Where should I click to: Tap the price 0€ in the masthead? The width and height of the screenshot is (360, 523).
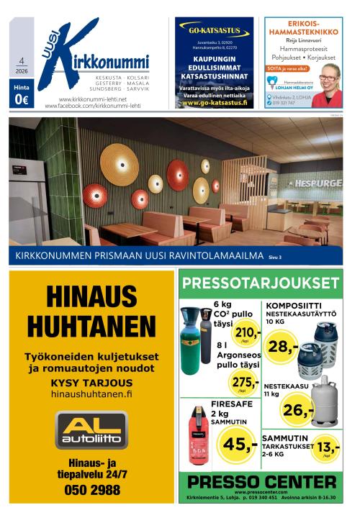[21, 100]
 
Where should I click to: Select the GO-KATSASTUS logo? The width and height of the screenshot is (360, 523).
[215, 32]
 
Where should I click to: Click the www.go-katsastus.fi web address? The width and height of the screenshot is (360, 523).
[215, 103]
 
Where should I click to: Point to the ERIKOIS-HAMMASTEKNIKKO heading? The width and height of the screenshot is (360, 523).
[303, 27]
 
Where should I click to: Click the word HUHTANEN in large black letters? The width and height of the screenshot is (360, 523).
[91, 327]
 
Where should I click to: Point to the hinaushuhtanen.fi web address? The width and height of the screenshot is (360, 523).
[91, 394]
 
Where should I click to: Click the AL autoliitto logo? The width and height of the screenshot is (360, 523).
[91, 429]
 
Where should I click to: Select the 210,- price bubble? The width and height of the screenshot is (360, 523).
[248, 333]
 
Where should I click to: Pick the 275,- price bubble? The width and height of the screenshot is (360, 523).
[245, 383]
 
